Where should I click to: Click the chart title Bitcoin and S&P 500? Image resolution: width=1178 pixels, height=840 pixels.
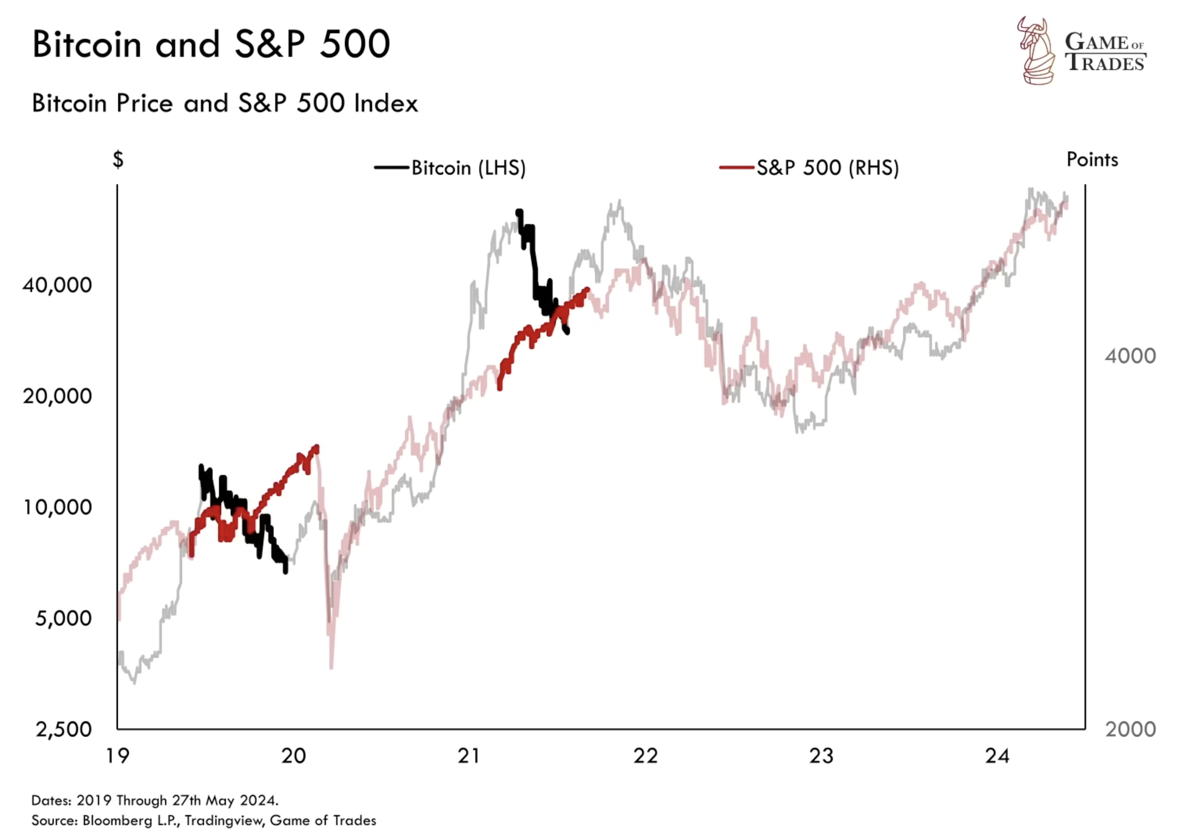(x=211, y=44)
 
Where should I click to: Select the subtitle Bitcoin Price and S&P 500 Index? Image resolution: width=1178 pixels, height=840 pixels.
(x=225, y=103)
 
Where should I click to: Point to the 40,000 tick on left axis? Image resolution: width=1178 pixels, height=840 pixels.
(x=57, y=285)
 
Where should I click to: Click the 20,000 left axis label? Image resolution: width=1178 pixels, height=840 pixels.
(x=57, y=396)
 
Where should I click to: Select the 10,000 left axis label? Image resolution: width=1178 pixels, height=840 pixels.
(x=57, y=507)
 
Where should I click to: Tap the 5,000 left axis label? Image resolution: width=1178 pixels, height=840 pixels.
(x=64, y=618)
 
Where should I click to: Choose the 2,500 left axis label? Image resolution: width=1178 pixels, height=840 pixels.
(x=64, y=729)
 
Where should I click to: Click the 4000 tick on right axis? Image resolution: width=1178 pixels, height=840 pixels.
(x=1130, y=356)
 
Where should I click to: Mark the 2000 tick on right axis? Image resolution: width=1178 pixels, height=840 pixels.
(x=1130, y=729)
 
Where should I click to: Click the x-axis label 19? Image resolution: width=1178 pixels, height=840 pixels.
(x=117, y=756)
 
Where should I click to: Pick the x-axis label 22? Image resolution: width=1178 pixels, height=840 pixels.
(x=646, y=756)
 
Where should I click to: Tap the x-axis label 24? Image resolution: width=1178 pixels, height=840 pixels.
(x=997, y=756)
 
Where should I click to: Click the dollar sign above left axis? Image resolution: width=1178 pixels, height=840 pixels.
(x=118, y=159)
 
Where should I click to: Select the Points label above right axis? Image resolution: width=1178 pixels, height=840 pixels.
(x=1092, y=159)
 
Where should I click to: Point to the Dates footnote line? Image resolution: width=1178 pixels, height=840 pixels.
(x=155, y=800)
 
